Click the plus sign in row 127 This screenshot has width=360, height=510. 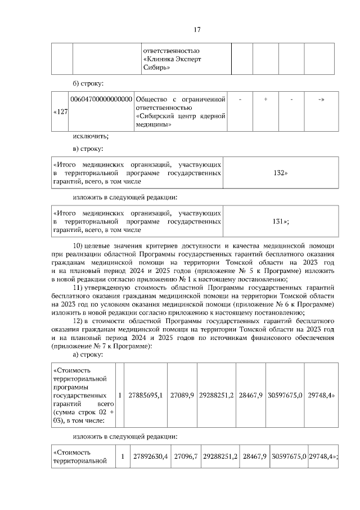coord(265,99)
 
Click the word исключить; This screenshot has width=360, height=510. coord(91,136)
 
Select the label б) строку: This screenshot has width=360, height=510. coord(88,84)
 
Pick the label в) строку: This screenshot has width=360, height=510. coord(88,149)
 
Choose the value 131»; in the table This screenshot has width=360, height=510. coord(281,221)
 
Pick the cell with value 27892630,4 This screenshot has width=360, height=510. coord(150,456)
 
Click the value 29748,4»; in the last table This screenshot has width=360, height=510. coord(323,456)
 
